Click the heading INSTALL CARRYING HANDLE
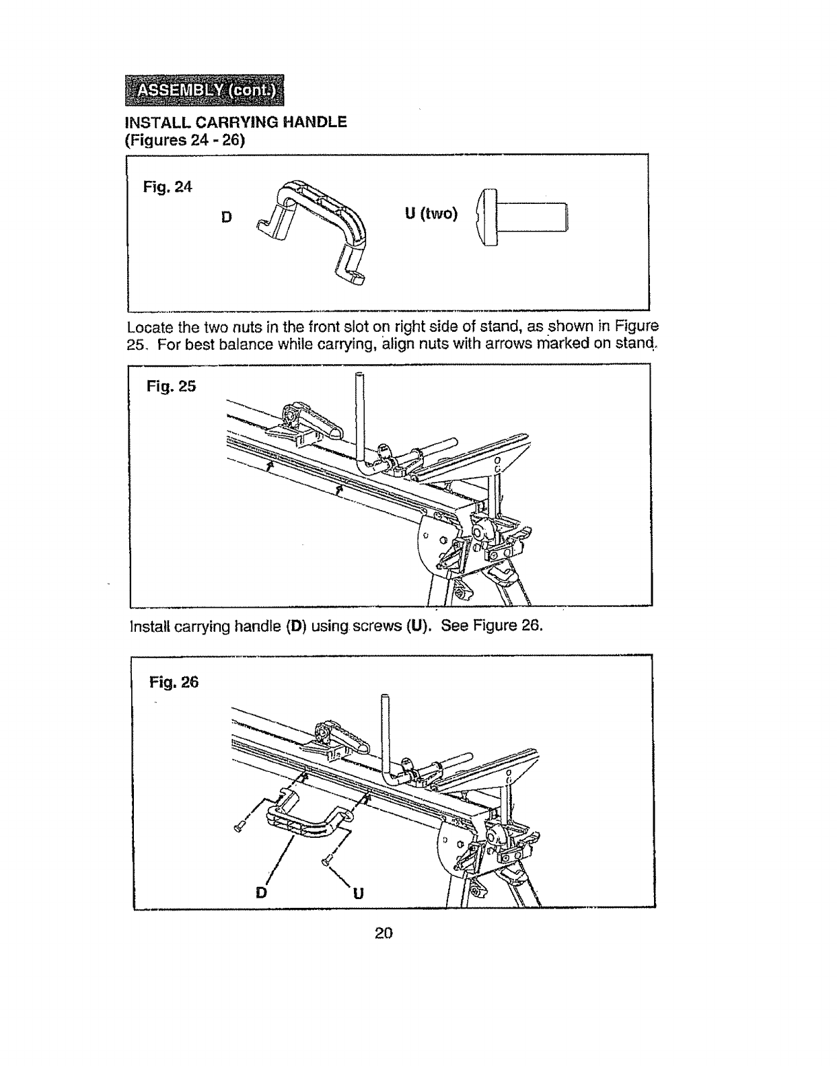click(236, 122)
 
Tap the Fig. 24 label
click(168, 187)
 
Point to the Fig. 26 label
click(174, 682)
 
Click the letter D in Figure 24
click(226, 217)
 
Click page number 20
click(384, 933)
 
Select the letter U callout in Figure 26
click(358, 894)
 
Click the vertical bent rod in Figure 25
click(359, 424)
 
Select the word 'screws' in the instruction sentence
click(375, 626)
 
